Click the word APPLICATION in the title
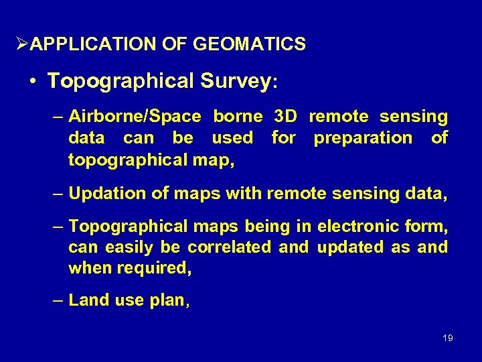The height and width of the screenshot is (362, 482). point(92,45)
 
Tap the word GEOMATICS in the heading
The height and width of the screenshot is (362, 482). point(249,45)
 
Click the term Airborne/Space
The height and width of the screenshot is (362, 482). point(135,117)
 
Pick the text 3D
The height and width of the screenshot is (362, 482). point(286,117)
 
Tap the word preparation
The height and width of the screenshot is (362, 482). point(363,138)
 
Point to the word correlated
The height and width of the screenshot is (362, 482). point(230,247)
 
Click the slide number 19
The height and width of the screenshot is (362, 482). point(448,338)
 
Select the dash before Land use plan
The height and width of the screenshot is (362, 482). point(59,300)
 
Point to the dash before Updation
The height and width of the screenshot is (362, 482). point(59,194)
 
